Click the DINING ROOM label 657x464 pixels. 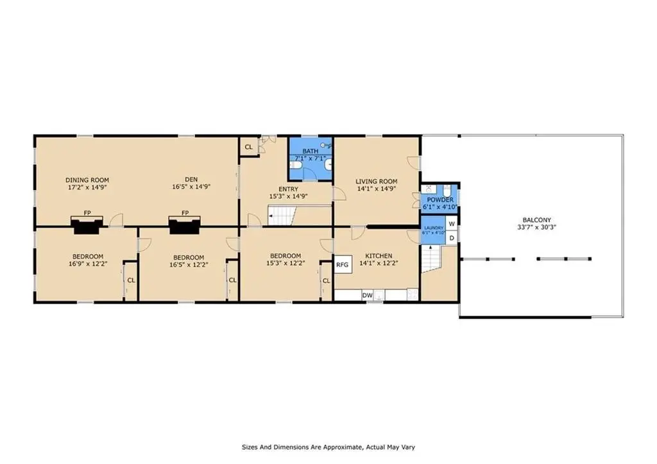[87, 180]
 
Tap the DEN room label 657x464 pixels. [191, 180]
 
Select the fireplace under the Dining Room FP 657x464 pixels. [87, 225]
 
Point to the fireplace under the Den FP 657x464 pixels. [185, 225]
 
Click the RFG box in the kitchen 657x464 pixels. [343, 264]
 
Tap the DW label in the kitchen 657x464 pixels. [367, 295]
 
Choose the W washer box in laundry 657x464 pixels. [452, 224]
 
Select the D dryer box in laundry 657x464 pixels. [452, 238]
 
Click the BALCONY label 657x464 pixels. [537, 220]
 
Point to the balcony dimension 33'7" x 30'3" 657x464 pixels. [537, 228]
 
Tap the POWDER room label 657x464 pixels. [440, 200]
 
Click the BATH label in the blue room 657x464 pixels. [311, 151]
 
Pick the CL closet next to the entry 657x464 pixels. [248, 147]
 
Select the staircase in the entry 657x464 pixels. [282, 216]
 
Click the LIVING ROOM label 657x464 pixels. [376, 182]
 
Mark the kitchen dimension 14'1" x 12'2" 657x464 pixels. [379, 263]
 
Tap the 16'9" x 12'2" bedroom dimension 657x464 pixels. [88, 264]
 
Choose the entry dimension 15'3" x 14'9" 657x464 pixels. [288, 196]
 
